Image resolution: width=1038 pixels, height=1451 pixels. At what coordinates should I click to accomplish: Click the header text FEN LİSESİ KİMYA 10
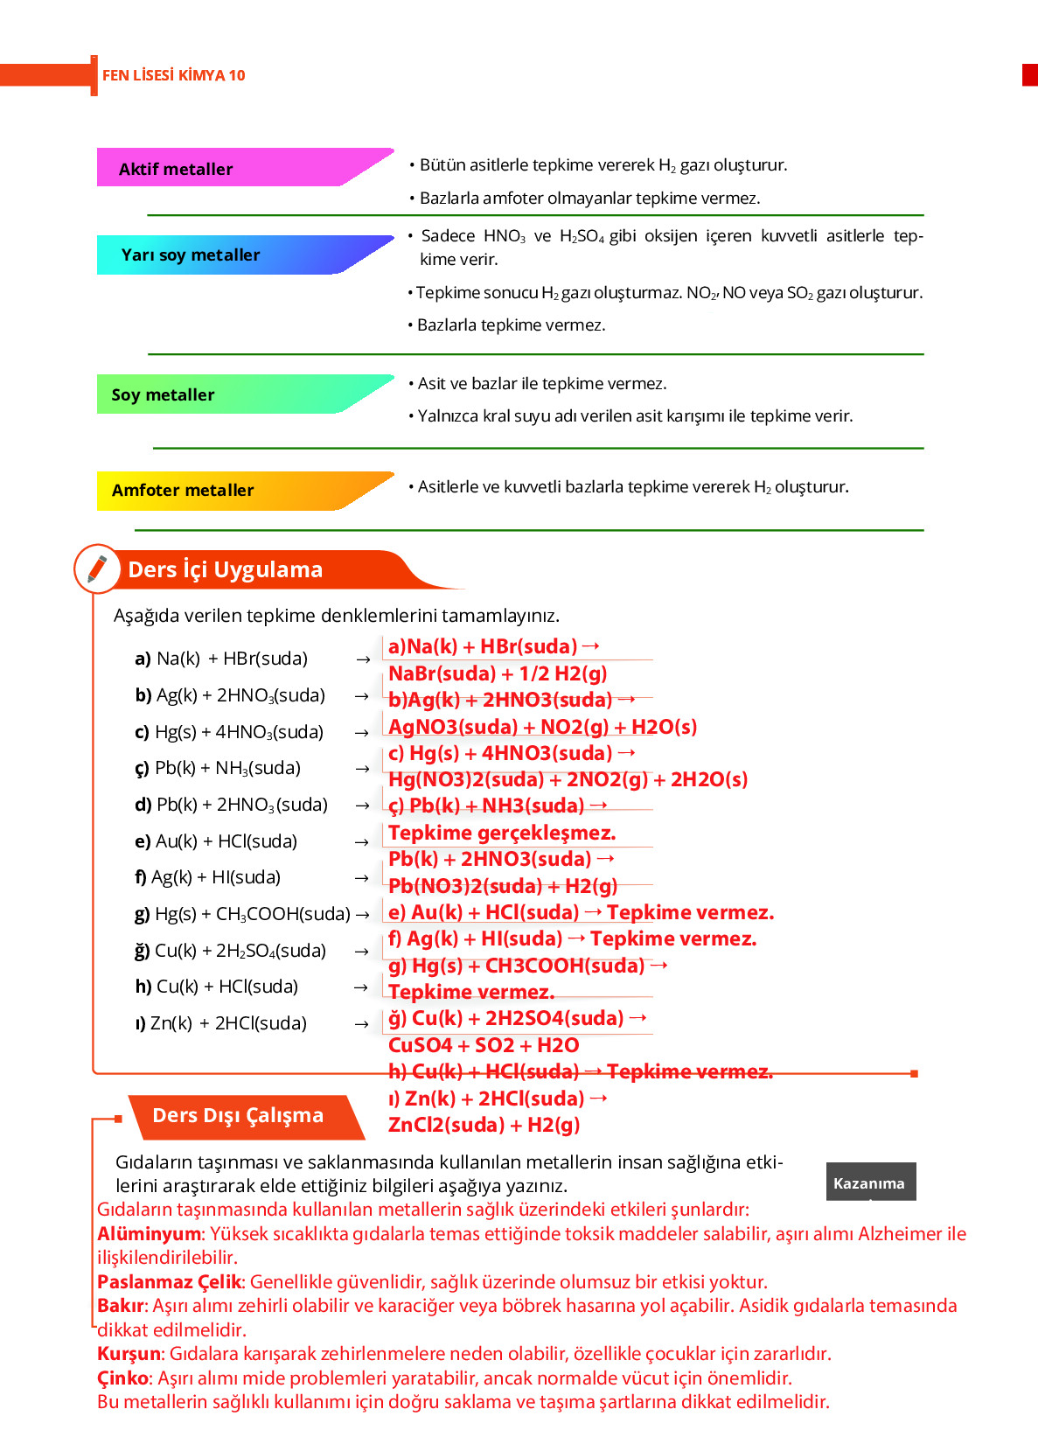(x=173, y=75)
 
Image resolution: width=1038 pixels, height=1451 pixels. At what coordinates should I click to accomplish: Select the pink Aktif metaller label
(x=176, y=169)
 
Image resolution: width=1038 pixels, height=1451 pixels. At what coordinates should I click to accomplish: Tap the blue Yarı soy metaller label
(x=191, y=255)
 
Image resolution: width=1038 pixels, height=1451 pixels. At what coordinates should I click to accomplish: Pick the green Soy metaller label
(x=163, y=394)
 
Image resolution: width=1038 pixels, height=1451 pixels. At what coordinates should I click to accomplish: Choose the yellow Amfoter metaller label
(x=183, y=490)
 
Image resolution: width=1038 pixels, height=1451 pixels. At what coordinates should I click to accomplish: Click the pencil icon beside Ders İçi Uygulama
(x=97, y=569)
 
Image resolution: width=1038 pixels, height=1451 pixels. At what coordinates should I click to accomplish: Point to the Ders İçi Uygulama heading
(x=225, y=569)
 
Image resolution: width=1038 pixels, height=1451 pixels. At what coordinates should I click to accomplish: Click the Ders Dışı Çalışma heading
(x=238, y=1115)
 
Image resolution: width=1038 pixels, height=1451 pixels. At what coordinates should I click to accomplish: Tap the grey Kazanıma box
(x=869, y=1182)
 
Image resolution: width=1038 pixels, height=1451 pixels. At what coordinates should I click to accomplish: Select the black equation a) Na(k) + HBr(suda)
(x=221, y=659)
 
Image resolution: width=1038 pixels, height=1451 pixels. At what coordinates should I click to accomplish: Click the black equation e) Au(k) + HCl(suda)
(x=216, y=841)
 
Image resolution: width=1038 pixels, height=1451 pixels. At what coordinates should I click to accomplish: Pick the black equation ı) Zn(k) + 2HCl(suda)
(x=221, y=1023)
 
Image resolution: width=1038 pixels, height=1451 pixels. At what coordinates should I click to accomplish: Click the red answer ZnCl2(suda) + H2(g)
(x=484, y=1125)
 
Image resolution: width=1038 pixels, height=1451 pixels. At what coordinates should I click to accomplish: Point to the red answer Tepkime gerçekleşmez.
(x=502, y=833)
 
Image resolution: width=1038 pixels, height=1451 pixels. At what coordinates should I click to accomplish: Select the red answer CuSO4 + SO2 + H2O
(x=484, y=1045)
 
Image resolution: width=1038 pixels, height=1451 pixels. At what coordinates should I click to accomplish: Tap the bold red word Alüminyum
(x=149, y=1234)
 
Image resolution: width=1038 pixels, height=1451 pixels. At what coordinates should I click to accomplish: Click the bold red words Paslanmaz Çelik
(x=169, y=1282)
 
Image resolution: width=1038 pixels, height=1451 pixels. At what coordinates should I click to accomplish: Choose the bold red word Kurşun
(x=129, y=1354)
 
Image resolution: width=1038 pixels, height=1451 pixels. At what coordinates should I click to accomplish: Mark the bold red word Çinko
(x=123, y=1378)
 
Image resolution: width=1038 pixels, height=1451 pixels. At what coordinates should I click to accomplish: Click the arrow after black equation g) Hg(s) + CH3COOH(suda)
(x=362, y=915)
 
